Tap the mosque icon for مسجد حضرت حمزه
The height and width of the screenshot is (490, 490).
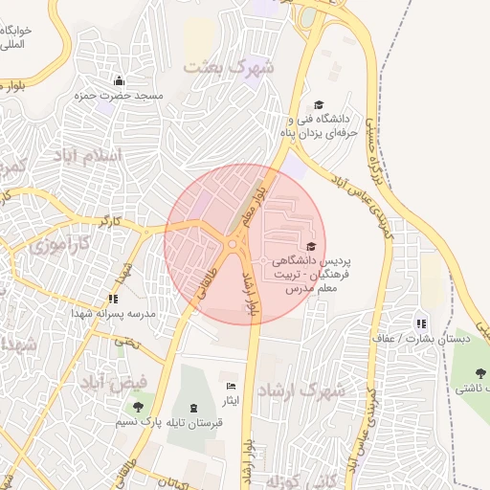point(119,80)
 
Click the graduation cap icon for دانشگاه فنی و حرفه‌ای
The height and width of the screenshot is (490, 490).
point(319,106)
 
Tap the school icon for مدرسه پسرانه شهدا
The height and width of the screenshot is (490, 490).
point(114,298)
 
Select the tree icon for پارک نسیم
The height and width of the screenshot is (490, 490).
point(141,407)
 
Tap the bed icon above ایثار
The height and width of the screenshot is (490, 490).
point(231,385)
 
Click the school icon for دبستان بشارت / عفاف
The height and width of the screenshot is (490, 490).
point(422,323)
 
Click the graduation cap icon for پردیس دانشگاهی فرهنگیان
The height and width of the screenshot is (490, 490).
point(309,247)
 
